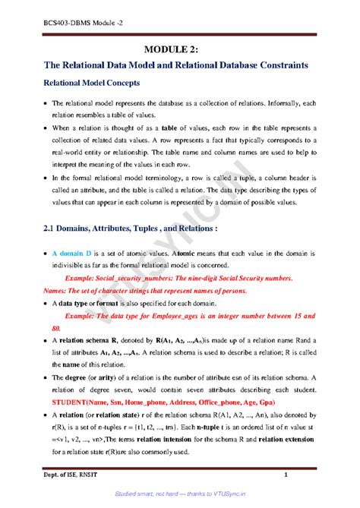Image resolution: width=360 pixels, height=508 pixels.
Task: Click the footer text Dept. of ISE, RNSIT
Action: pyautogui.click(x=69, y=475)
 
